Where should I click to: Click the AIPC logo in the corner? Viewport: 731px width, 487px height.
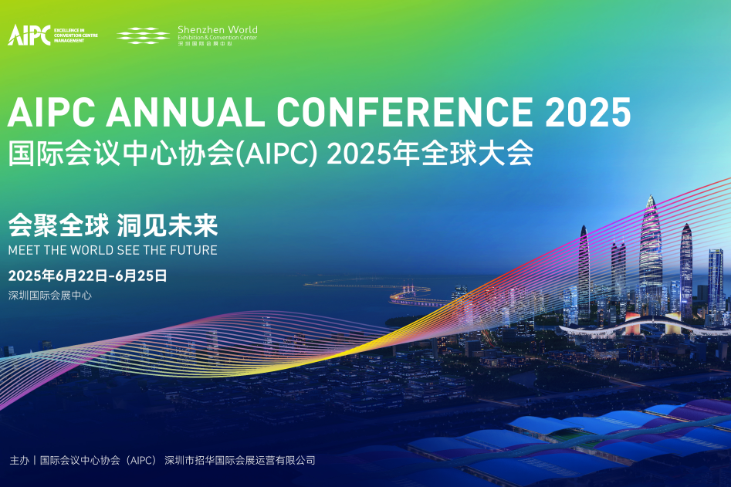(x=29, y=35)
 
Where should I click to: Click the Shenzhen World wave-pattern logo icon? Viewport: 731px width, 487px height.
(x=144, y=35)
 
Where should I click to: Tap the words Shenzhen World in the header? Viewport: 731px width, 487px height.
(x=217, y=30)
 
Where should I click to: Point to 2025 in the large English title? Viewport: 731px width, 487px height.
(x=588, y=113)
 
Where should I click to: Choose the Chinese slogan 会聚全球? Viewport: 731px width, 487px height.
(x=57, y=225)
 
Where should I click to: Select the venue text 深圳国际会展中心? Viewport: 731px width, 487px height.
(x=49, y=295)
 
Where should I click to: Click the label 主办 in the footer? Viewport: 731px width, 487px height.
(x=19, y=460)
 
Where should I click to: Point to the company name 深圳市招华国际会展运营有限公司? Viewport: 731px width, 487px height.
(x=240, y=460)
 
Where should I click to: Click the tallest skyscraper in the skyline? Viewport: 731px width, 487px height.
(x=651, y=255)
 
